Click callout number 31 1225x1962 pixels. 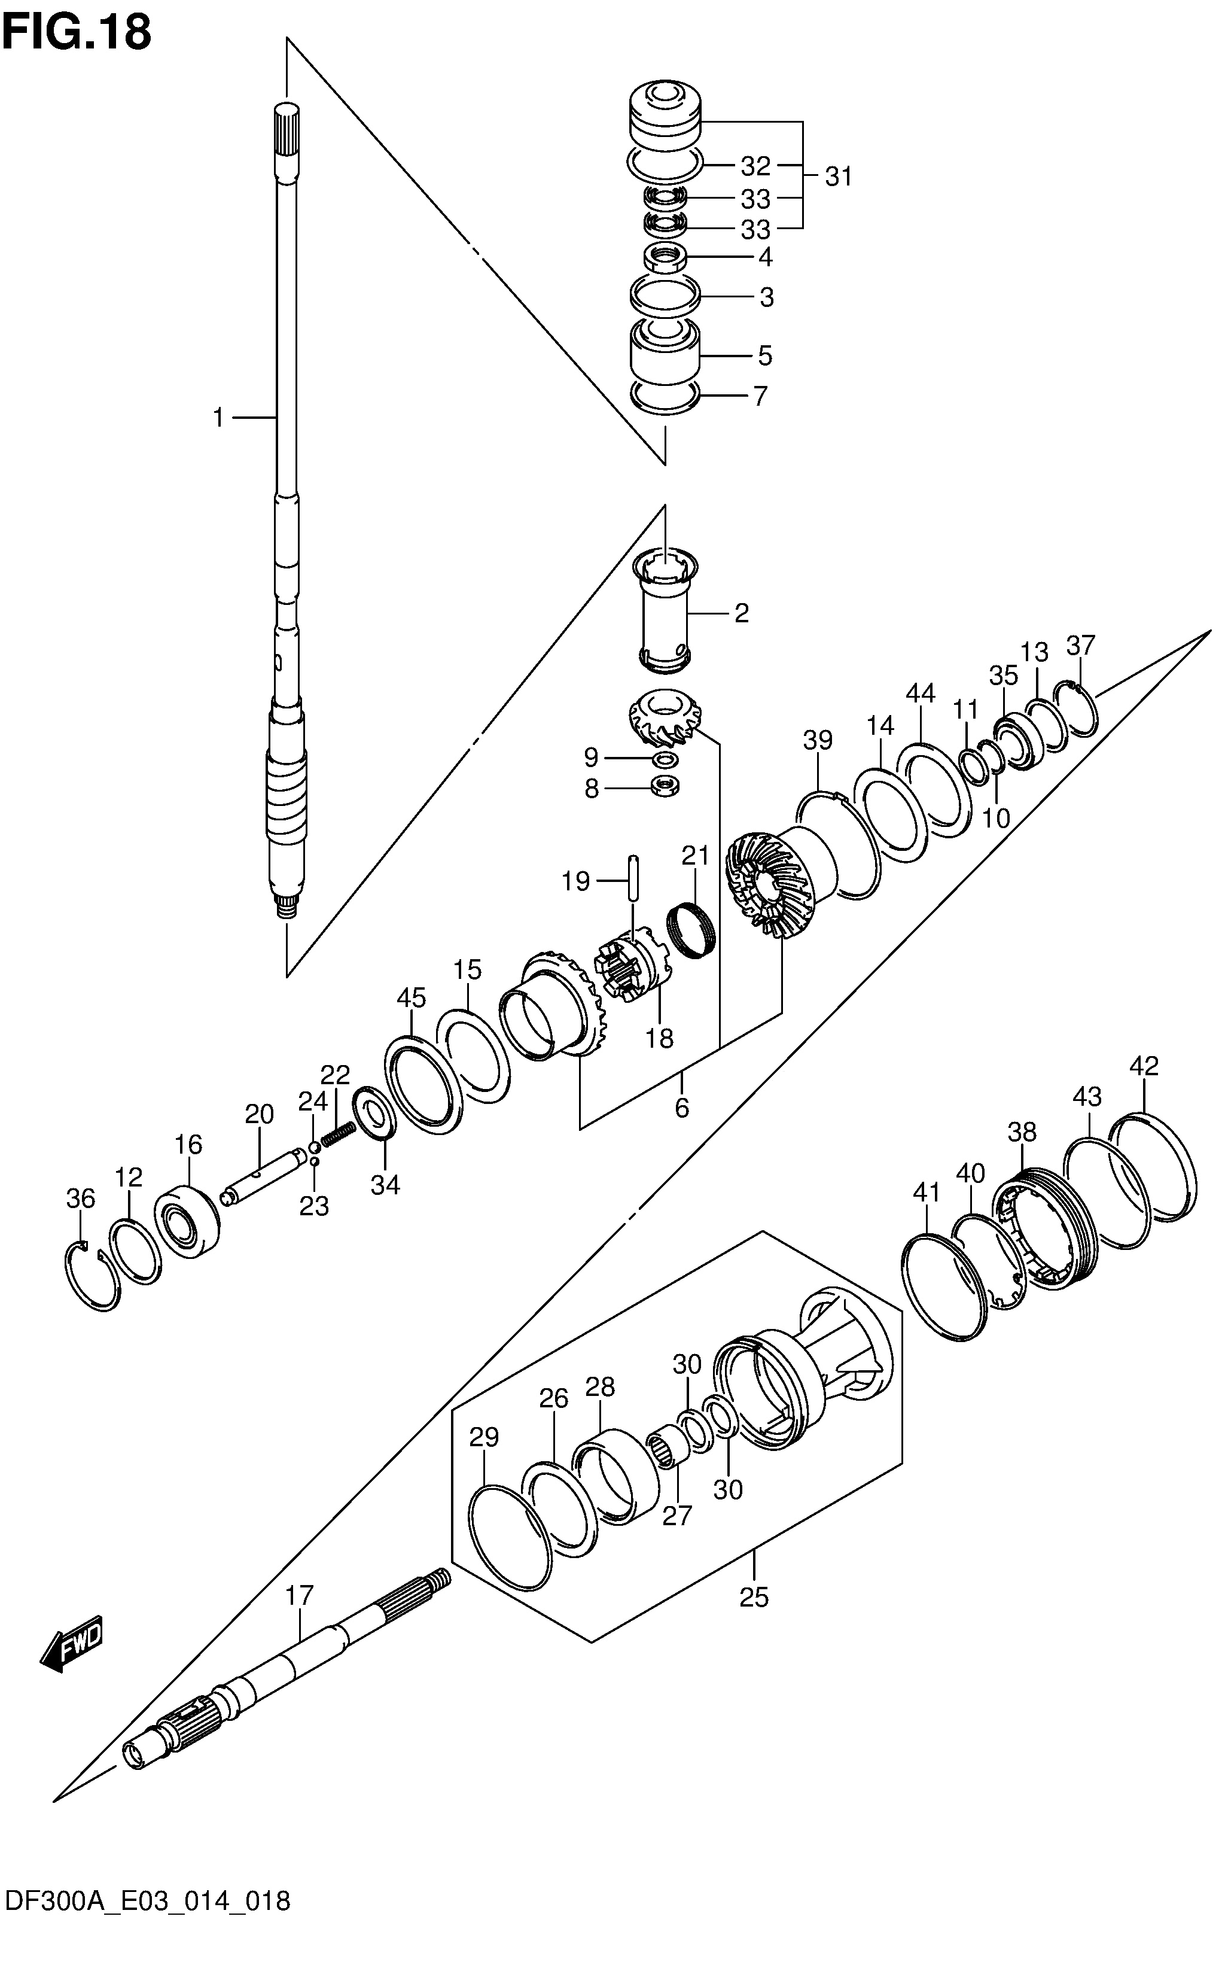pyautogui.click(x=839, y=176)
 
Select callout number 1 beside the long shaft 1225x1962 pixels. pyautogui.click(x=218, y=418)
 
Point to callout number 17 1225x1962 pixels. pyautogui.click(x=299, y=1595)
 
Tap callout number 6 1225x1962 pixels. pyautogui.click(x=681, y=1108)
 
